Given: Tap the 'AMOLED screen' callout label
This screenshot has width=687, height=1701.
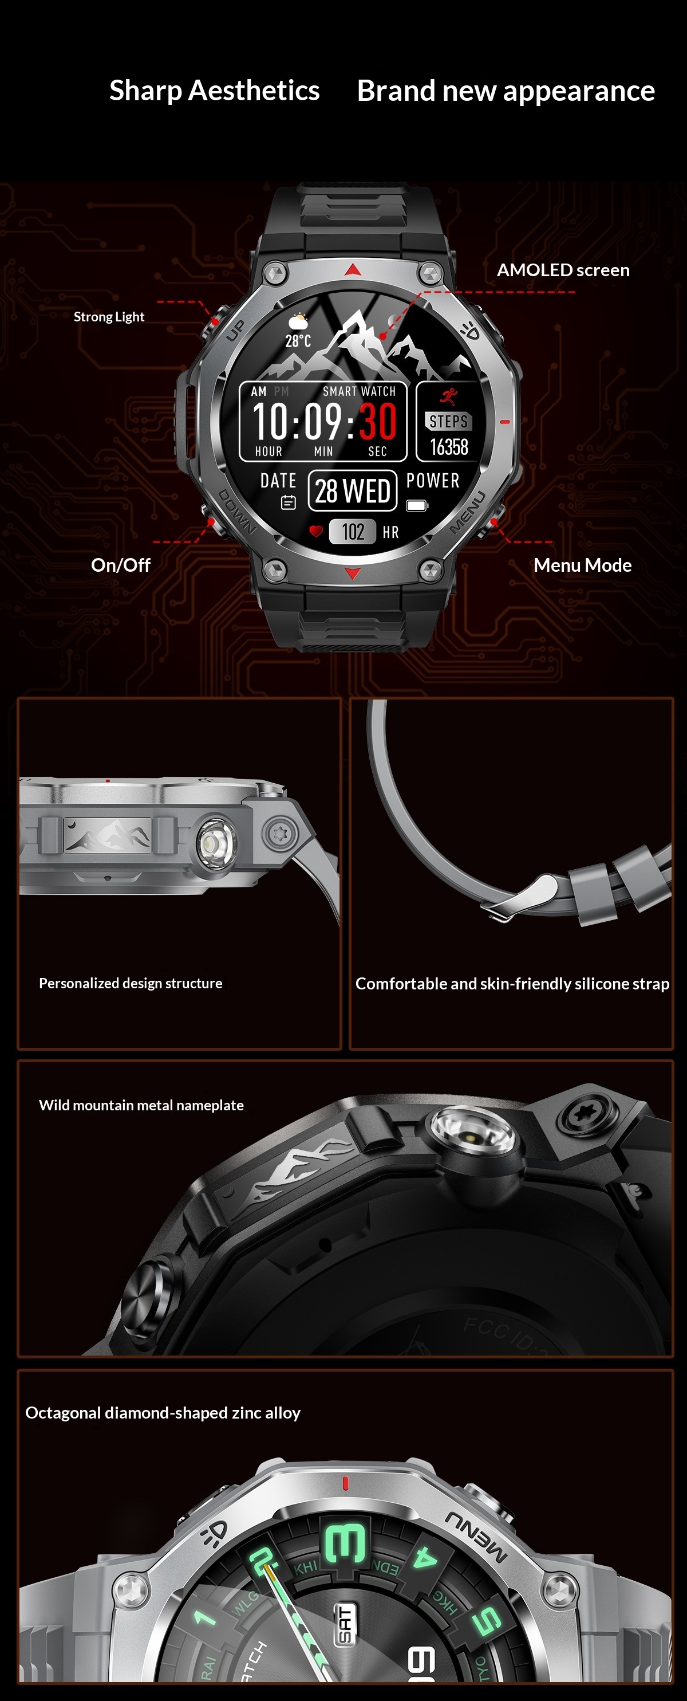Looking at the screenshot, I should click(x=562, y=270).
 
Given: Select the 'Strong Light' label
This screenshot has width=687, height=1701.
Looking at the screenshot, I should click(x=109, y=317).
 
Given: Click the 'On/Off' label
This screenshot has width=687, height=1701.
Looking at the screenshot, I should click(x=120, y=565).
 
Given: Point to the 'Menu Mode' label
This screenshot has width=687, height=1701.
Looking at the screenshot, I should click(x=582, y=565).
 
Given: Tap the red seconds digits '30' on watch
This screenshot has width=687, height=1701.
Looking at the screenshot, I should click(x=377, y=421).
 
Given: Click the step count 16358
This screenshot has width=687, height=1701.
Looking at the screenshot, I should click(x=449, y=447).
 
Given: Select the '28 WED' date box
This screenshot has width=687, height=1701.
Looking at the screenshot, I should click(x=353, y=490).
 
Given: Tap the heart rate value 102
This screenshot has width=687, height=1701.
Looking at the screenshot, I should click(x=353, y=532).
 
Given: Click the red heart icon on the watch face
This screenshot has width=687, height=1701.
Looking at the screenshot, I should click(x=316, y=531).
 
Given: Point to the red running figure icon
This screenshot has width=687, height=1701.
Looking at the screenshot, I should click(x=449, y=395).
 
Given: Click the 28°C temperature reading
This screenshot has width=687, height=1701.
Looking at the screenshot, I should click(x=298, y=341).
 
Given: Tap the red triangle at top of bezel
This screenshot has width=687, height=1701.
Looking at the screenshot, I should click(x=353, y=269).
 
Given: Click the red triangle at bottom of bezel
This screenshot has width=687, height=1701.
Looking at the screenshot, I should click(x=353, y=573).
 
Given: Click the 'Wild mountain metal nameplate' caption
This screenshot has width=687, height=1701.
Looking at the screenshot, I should click(x=141, y=1105).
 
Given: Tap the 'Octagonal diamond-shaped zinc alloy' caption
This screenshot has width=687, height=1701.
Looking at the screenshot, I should click(x=163, y=1413).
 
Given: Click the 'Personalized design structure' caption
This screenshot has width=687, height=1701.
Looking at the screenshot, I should click(x=131, y=983).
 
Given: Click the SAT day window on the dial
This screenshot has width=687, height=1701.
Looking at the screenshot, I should click(x=345, y=1624).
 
